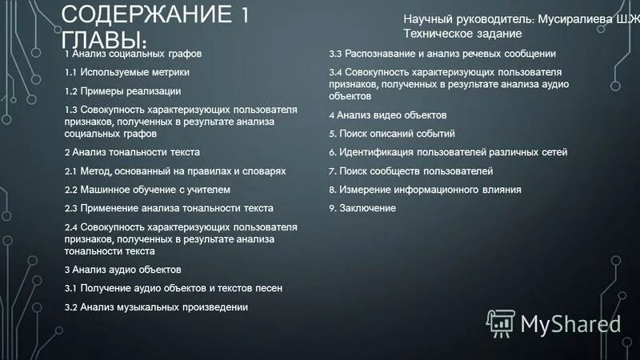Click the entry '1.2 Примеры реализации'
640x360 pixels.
coord(122,91)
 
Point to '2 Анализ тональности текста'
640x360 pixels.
coord(132,151)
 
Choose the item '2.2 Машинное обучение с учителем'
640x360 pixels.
coord(147,190)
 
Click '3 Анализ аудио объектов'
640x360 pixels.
coord(122,269)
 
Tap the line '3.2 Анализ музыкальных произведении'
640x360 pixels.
coord(156,307)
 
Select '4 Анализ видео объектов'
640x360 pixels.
coord(387,114)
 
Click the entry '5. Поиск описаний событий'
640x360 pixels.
coord(392,134)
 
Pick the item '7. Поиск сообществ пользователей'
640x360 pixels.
coord(410,171)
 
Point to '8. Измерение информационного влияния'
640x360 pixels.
coord(425,190)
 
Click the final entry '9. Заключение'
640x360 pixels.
coord(362,208)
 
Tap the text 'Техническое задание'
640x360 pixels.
coord(462,34)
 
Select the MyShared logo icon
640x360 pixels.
coord(501,322)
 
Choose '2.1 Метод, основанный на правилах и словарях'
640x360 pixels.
coord(175,171)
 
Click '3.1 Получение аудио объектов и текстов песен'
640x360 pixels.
coord(174,288)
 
